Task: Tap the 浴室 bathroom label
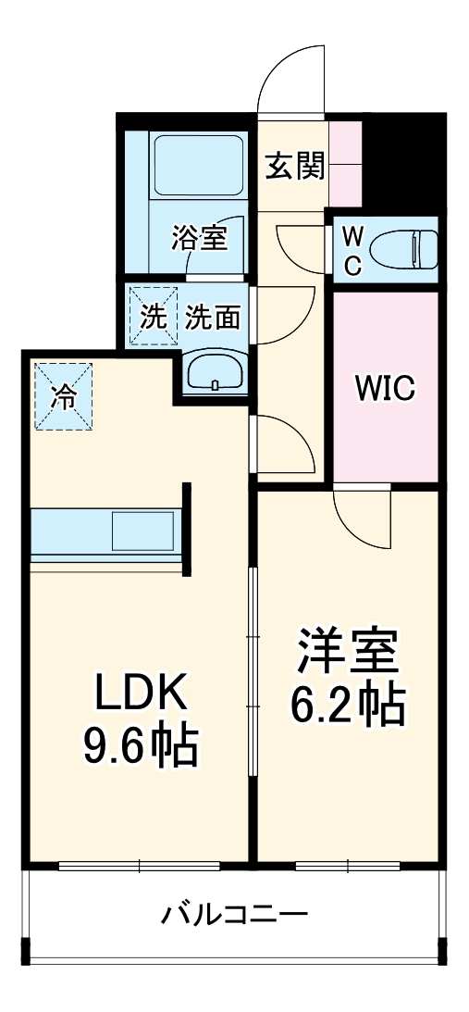pos(198,238)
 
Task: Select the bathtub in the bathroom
pos(197,168)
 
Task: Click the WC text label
pos(352,250)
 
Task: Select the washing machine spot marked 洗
pos(153,317)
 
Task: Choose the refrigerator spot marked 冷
pos(64,396)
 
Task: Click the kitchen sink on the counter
pos(143,533)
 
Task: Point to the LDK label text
pos(141,690)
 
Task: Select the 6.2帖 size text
pos(348,706)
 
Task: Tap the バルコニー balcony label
pos(234,917)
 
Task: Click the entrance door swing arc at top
pos(291,76)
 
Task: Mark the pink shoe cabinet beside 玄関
pos(347,163)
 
